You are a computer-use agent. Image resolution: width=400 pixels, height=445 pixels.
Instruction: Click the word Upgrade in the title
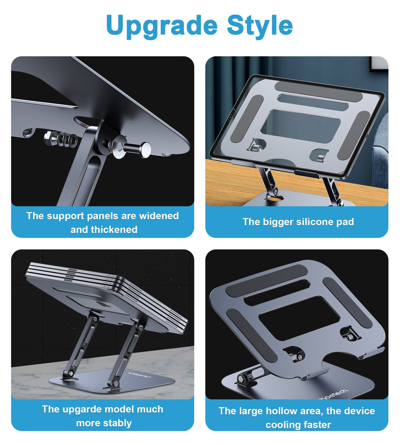[161, 26]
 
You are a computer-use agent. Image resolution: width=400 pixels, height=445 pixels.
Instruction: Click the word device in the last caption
[359, 411]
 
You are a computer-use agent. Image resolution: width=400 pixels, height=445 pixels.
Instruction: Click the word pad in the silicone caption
[345, 222]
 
